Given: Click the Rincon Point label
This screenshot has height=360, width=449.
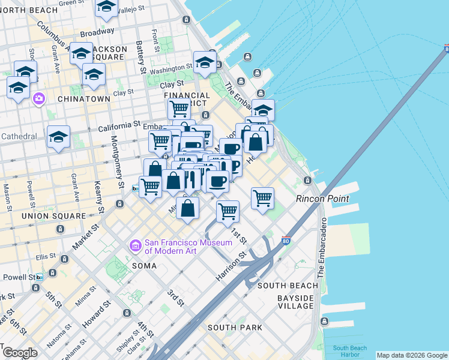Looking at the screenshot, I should point(322,199).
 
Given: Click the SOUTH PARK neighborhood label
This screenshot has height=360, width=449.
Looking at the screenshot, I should point(235,328).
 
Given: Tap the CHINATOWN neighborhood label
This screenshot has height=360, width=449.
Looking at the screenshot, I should point(84,98).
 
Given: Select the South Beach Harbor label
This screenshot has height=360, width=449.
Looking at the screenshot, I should point(350,351).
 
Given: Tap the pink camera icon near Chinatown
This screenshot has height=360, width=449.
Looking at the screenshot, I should point(40,98).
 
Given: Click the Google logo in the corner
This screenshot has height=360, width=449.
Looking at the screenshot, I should point(20,353).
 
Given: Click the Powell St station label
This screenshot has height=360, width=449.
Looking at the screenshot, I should point(17,277).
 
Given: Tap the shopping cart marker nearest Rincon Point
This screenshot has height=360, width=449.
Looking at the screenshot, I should point(262,197).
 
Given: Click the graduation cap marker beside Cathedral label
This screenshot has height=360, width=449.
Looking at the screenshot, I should point(58,137).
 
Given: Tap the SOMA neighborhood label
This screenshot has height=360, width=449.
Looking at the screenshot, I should point(144,265).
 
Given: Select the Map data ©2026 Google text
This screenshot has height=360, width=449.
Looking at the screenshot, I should point(412,355).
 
